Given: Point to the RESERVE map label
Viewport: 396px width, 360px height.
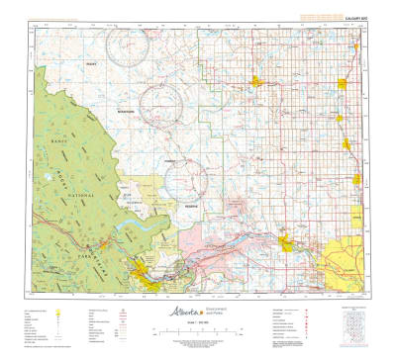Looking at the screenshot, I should click(191, 205).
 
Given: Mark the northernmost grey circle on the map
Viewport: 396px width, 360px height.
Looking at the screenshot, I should click(127, 45).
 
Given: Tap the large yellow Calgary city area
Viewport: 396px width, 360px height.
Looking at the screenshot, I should click(347, 260).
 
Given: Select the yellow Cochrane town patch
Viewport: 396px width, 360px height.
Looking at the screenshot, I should click(286, 241).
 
